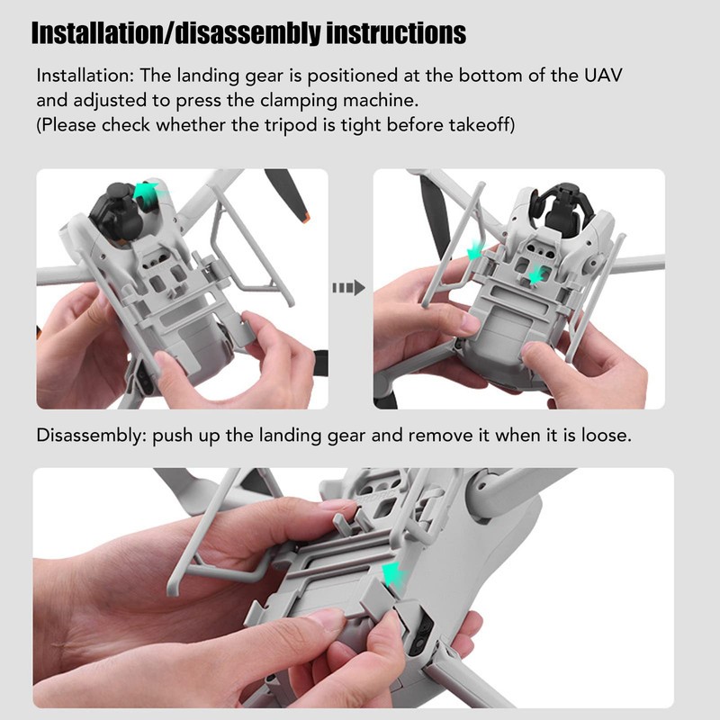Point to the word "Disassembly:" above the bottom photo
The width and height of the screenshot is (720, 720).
91,436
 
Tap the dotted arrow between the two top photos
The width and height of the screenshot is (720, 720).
348,288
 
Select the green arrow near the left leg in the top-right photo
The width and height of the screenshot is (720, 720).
474,250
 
